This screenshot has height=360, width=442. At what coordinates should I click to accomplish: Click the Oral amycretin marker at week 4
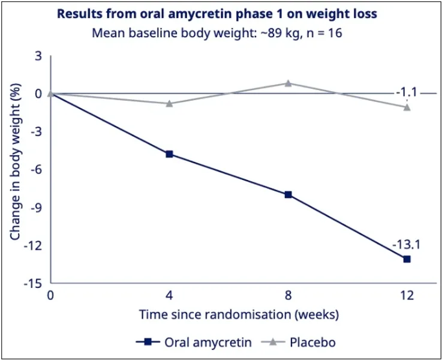(x=169, y=154)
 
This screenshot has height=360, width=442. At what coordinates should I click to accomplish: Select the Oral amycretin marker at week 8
(x=288, y=194)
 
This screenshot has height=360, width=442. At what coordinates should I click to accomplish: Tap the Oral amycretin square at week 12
(x=407, y=259)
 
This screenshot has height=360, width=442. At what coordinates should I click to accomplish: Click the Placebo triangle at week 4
(x=169, y=103)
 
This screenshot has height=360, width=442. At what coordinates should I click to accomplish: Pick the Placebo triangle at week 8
(x=288, y=83)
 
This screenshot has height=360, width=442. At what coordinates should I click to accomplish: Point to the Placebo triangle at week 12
(x=407, y=107)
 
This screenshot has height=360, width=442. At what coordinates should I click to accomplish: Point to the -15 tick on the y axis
(x=34, y=283)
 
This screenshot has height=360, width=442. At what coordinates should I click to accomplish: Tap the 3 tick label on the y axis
(x=38, y=56)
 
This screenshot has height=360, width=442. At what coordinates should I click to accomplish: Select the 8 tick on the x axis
(x=288, y=295)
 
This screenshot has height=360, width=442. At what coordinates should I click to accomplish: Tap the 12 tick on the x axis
(x=407, y=295)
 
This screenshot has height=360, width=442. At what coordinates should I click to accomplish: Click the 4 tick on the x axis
(x=169, y=295)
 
